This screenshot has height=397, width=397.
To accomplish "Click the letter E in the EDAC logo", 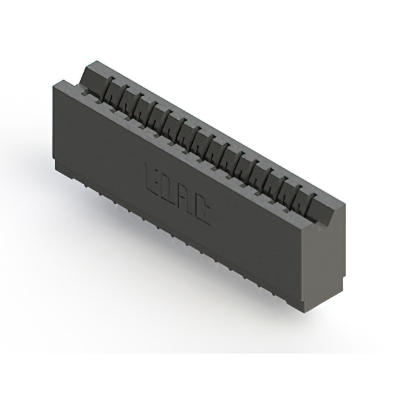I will click(x=153, y=176).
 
